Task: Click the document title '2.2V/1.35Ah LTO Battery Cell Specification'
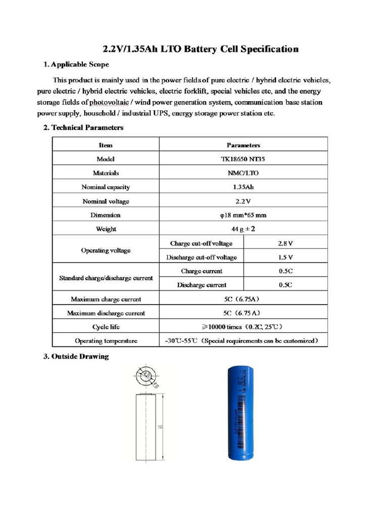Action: (201, 49)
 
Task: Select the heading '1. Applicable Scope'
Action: (76, 64)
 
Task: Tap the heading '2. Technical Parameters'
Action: (83, 127)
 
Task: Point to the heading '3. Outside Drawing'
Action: (76, 356)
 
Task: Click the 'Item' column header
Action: (106, 145)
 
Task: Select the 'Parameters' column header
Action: (243, 145)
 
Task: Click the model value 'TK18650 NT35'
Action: (243, 159)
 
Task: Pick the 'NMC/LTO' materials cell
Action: (243, 173)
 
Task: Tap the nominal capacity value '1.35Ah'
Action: (243, 187)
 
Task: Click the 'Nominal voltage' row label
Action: (106, 201)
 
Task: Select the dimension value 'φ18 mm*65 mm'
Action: (243, 215)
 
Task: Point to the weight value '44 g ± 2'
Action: (243, 229)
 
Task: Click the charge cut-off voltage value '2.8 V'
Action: (285, 243)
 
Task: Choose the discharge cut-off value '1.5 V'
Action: (285, 257)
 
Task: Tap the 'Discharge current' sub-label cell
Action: (202, 285)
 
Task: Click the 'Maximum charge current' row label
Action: (106, 299)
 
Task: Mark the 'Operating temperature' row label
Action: (106, 340)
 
